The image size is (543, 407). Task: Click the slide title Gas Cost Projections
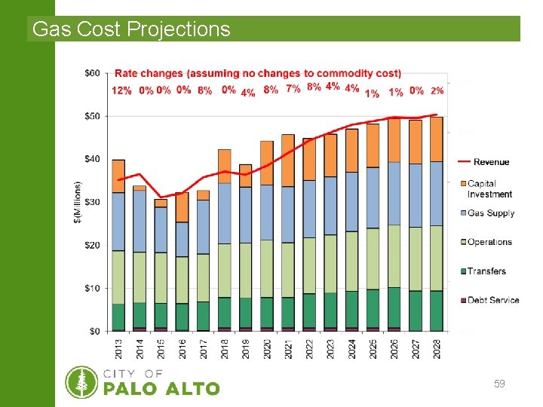tap(132, 29)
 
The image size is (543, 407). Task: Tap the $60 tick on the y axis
tap(92, 73)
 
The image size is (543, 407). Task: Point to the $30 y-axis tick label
tap(92, 202)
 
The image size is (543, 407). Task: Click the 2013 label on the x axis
tap(118, 348)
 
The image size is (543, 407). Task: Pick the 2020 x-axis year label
tap(267, 348)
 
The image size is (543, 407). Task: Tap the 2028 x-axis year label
tap(437, 348)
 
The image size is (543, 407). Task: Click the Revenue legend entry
tap(491, 161)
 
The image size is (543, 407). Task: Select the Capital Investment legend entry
tap(489, 189)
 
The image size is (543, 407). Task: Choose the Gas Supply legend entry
tap(490, 213)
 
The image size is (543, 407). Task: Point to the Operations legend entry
tap(489, 242)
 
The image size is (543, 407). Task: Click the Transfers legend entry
tap(486, 271)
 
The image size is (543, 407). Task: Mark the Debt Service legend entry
tap(492, 300)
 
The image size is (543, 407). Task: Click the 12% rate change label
tap(121, 90)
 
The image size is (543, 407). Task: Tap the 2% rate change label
tap(437, 90)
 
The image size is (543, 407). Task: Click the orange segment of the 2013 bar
tap(118, 176)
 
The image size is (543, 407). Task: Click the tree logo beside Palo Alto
tap(81, 382)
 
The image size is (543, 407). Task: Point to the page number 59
tap(499, 384)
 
